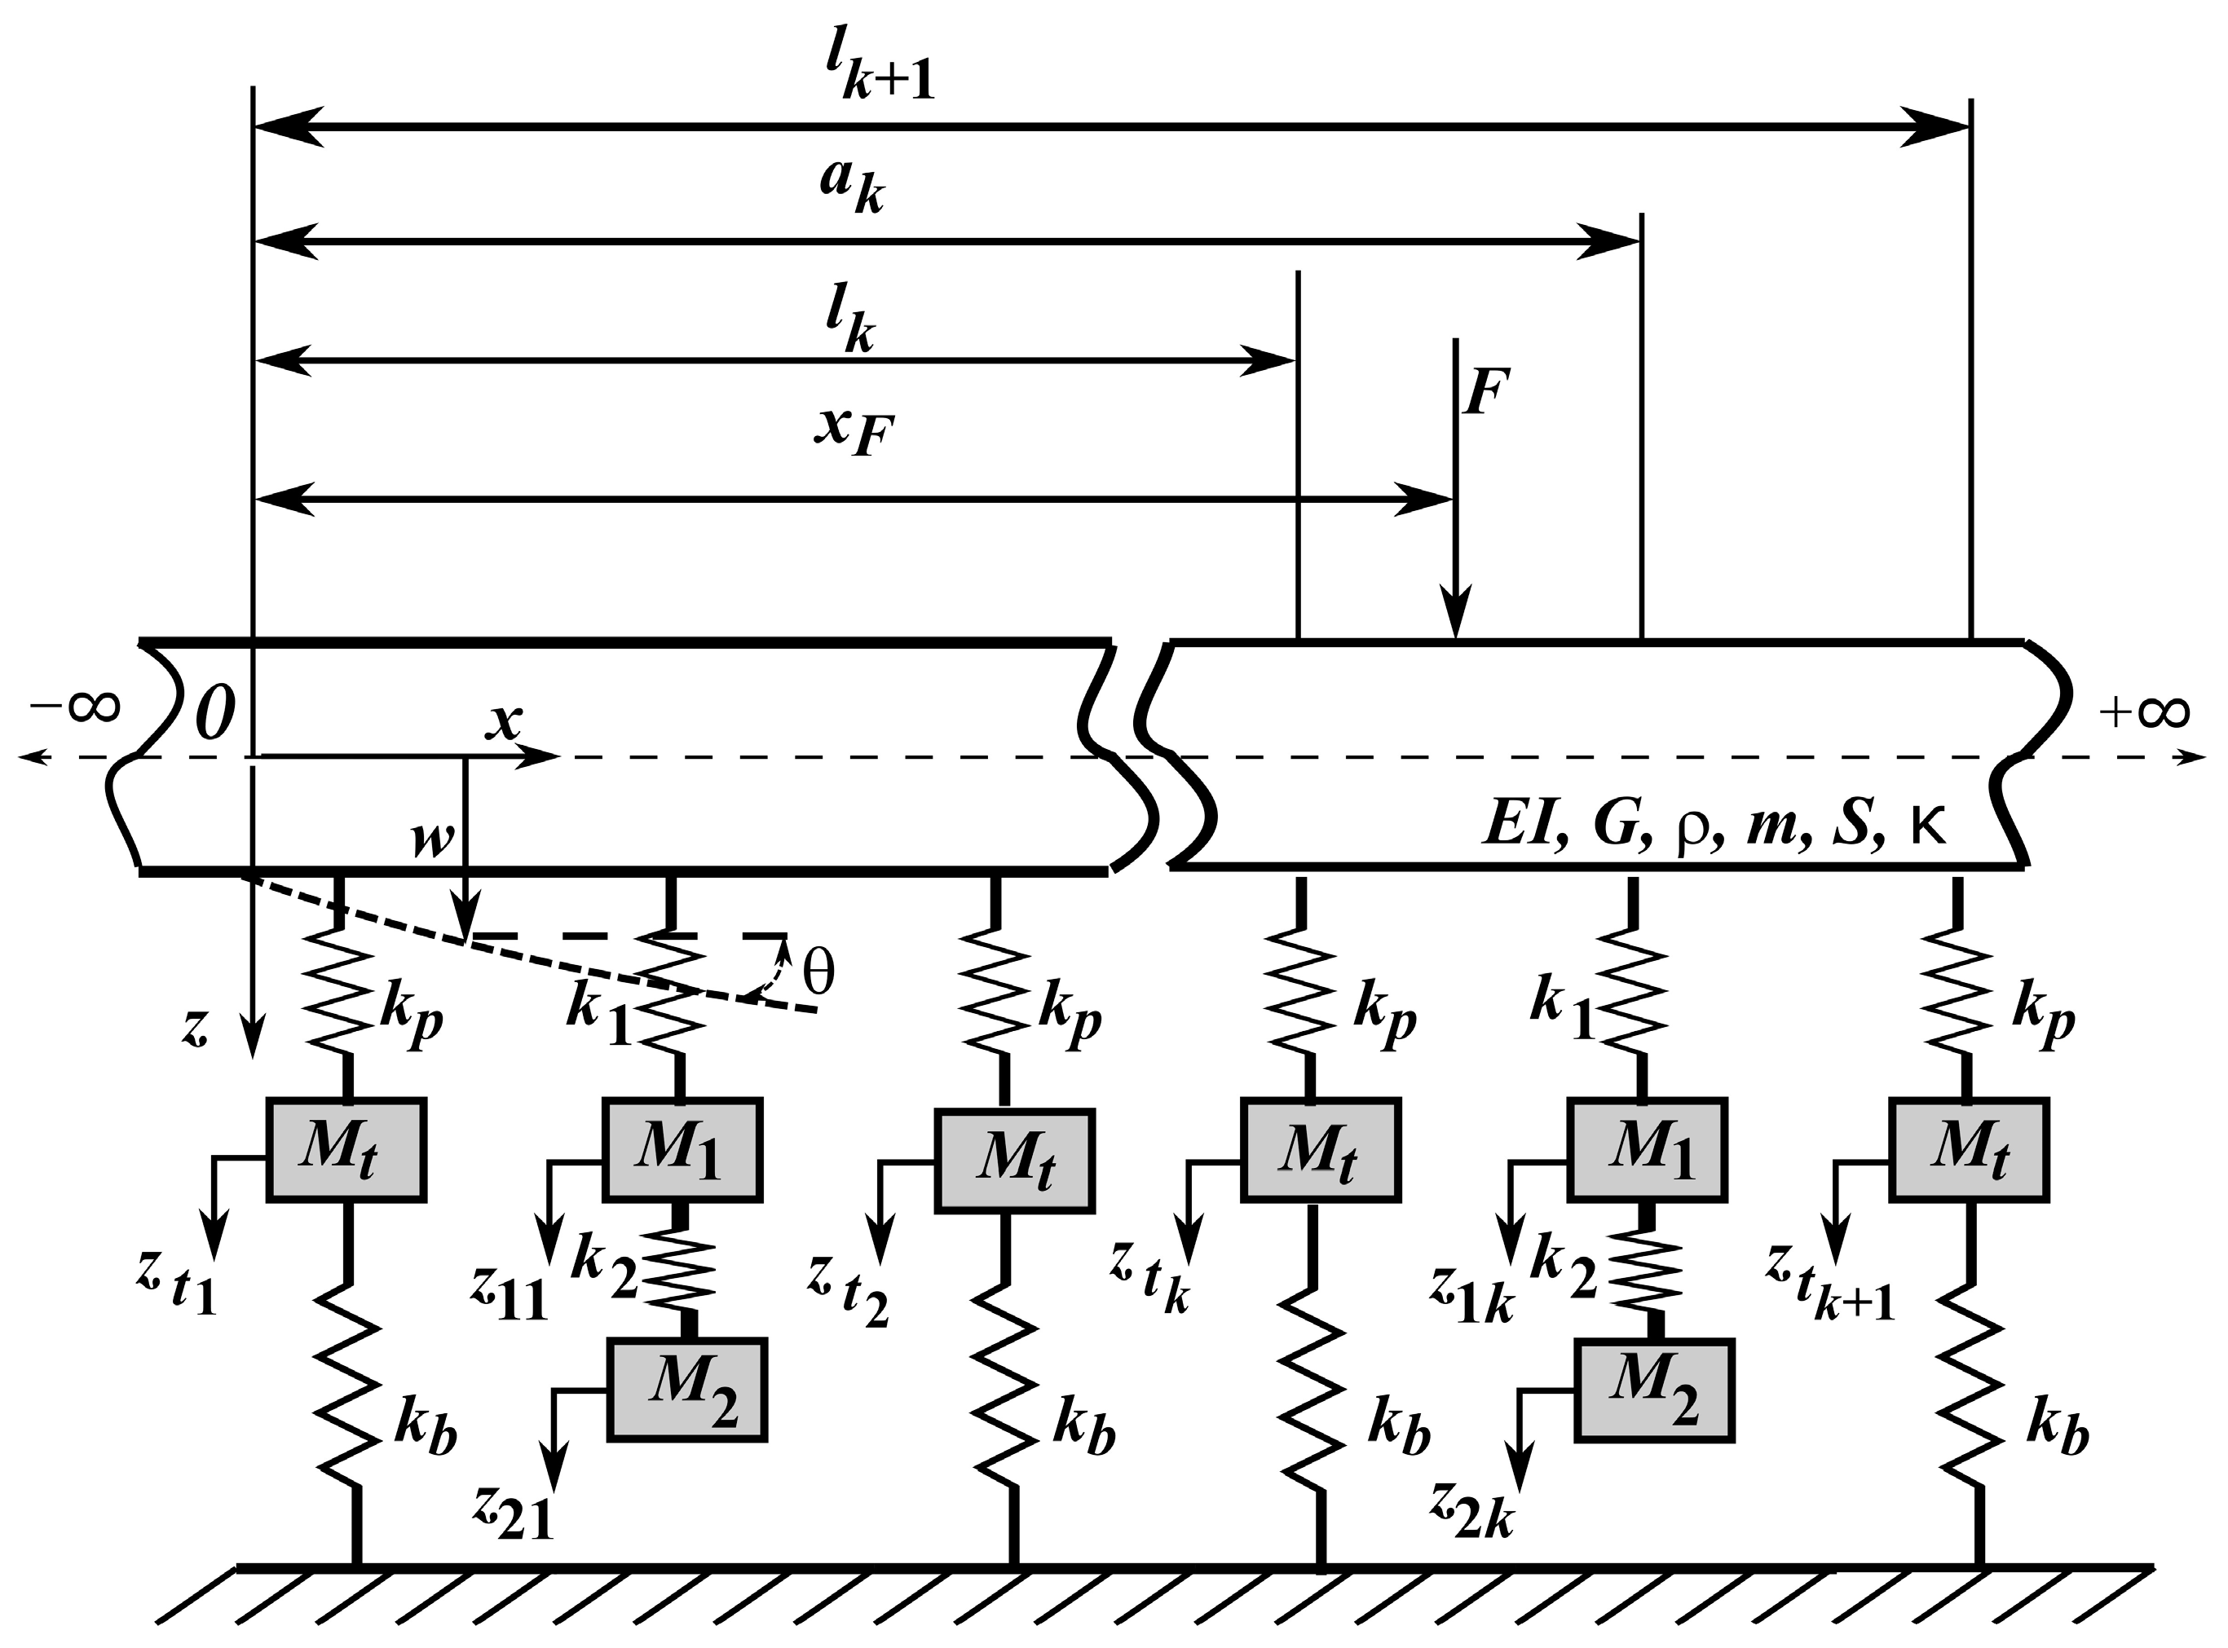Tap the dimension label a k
pos(851,187)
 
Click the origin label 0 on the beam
pos(213,714)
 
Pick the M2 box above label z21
pos(686,1390)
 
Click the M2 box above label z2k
pos(1653,1390)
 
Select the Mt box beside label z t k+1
pos(1968,1150)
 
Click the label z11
pos(510,1297)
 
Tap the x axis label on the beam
pos(503,720)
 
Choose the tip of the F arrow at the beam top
pos(1457,637)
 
